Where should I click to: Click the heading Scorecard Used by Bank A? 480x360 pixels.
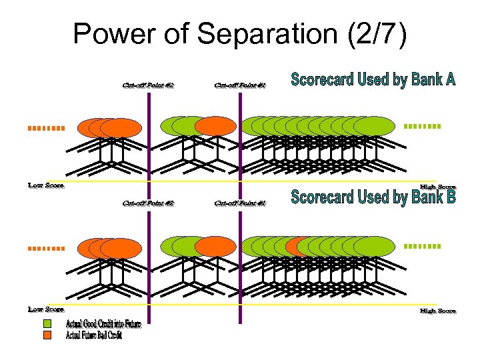373,81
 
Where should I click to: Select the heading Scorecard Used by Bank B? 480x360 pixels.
373,197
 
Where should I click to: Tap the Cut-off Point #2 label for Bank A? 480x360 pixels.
148,85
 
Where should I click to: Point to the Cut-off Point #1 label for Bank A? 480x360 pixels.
240,85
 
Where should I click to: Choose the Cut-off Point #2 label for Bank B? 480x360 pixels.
148,203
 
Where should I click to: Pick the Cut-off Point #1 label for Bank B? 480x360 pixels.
240,203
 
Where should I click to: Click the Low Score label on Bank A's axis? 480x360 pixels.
46,185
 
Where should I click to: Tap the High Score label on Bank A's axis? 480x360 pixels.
438,187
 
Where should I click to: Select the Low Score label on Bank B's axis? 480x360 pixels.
46,309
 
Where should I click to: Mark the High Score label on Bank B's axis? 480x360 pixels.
438,311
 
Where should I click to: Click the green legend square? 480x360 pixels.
47,324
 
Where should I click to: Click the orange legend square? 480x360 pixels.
47,335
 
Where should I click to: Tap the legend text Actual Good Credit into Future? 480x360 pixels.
103,325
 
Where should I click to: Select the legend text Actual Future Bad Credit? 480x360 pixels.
93,335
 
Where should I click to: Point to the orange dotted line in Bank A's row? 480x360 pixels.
45,127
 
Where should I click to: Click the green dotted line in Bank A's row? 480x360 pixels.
423,126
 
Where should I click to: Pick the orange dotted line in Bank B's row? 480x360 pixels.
45,248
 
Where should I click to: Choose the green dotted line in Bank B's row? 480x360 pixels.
423,246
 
